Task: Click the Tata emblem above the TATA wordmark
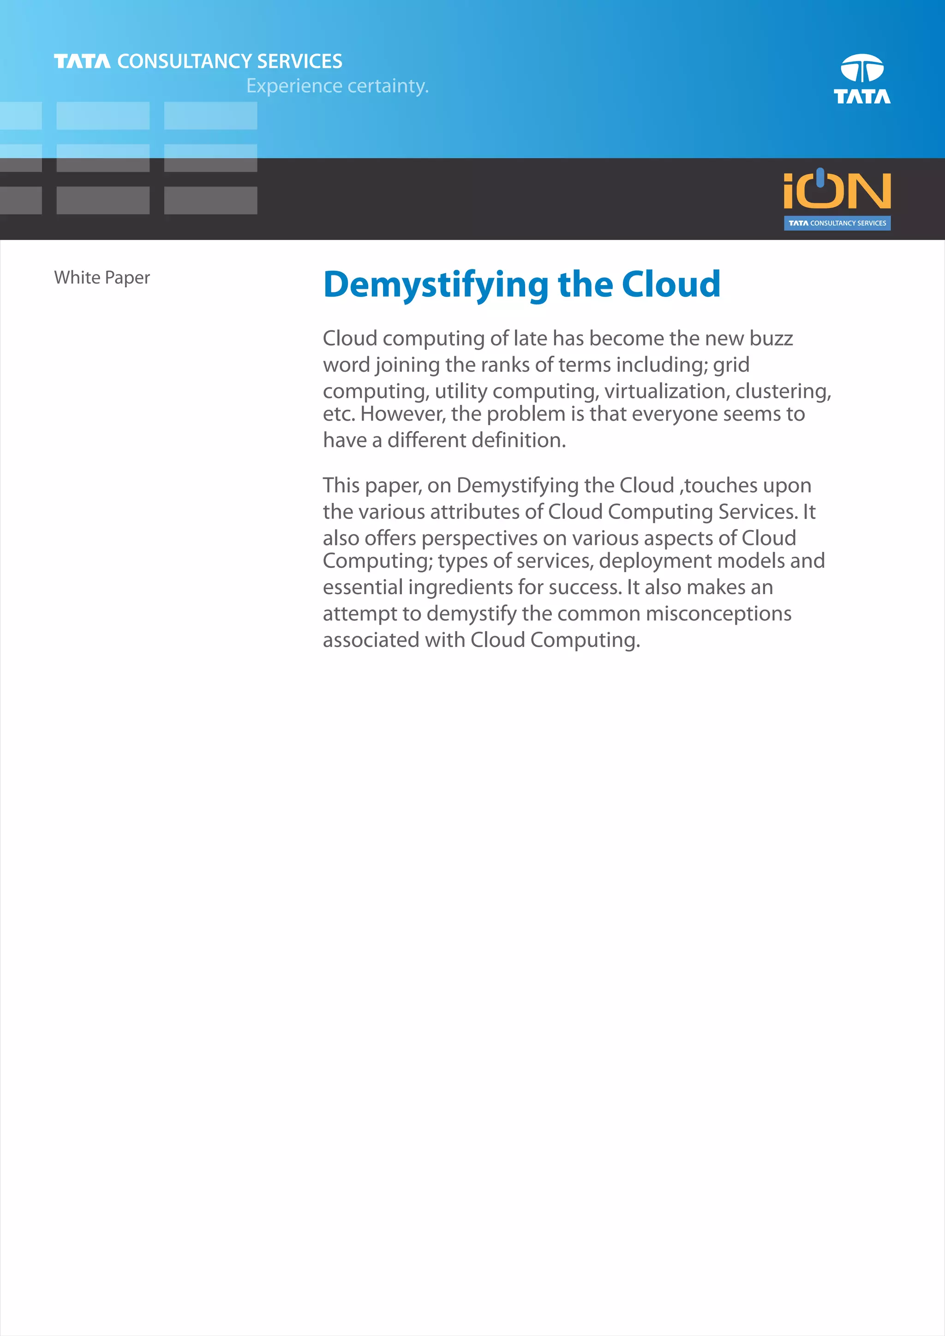point(862,68)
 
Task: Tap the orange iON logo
point(837,190)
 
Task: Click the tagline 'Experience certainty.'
point(337,86)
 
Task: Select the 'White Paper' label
point(102,278)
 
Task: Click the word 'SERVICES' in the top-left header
point(299,61)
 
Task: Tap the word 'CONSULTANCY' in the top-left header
point(185,61)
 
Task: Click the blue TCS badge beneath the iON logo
point(837,223)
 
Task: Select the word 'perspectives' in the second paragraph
point(479,538)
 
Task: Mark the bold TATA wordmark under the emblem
point(862,96)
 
